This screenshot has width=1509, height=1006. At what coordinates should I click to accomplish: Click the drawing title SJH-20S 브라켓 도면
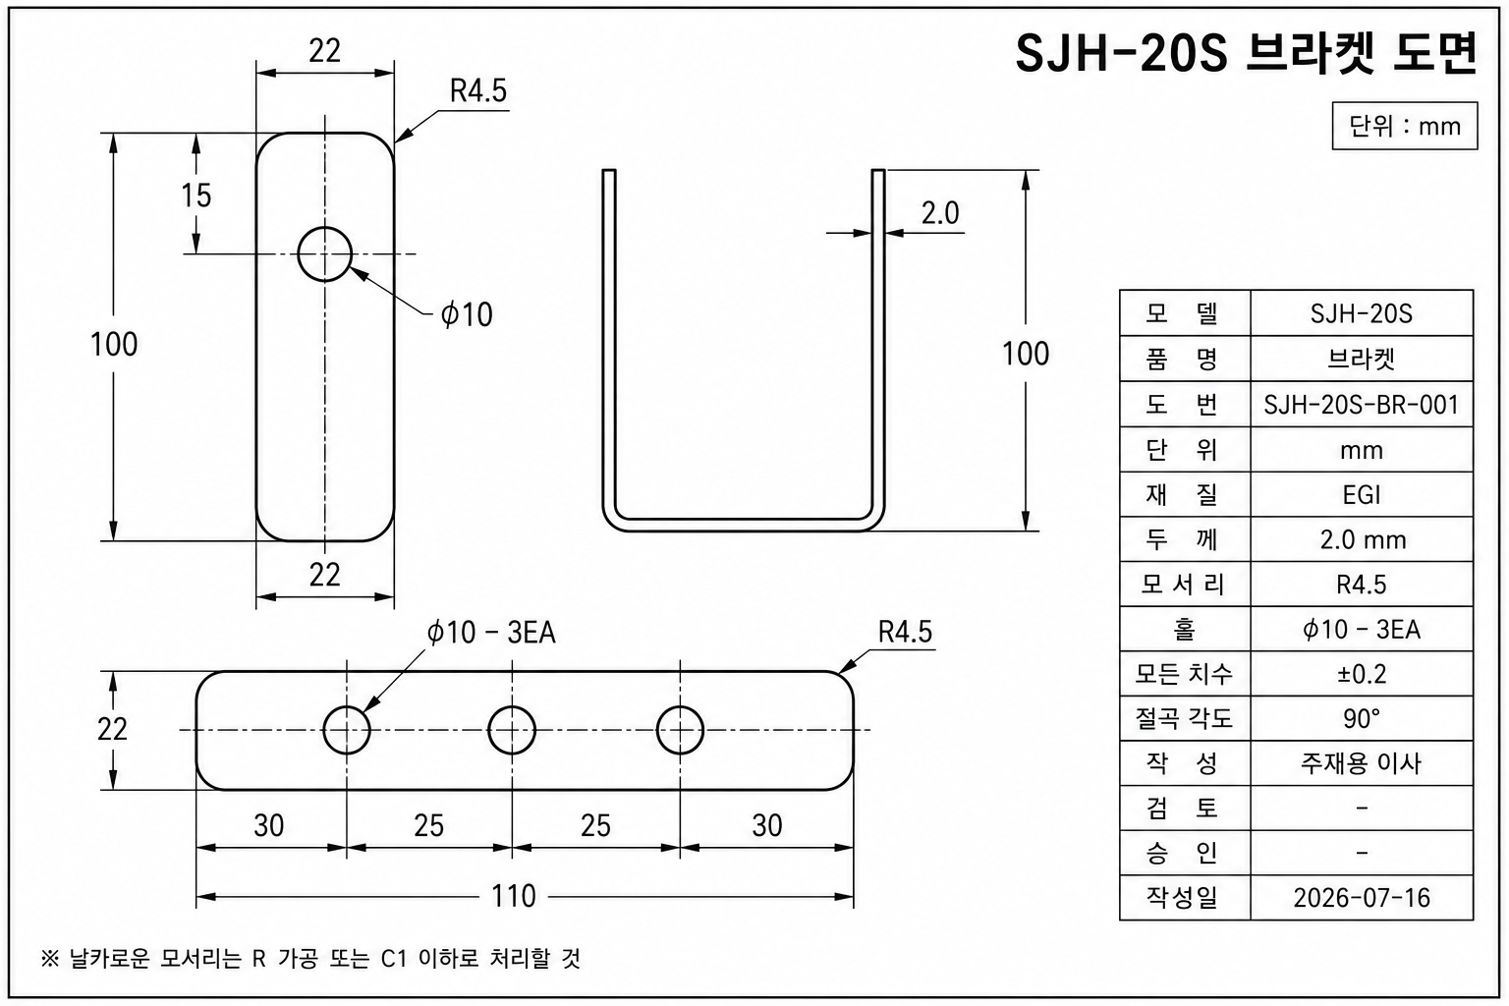point(1247,53)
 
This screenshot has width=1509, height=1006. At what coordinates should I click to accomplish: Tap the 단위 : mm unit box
point(1405,126)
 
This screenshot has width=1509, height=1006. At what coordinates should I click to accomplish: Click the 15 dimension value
point(196,196)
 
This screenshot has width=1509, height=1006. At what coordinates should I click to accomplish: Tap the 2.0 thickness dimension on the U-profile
point(940,213)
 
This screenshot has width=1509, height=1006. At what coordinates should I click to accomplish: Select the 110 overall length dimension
point(514,896)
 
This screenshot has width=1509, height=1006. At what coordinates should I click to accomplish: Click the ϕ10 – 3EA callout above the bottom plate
point(491,633)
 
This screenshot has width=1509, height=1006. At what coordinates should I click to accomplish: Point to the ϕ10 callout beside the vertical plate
point(467,314)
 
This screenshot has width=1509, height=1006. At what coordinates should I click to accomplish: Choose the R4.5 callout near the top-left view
point(478,91)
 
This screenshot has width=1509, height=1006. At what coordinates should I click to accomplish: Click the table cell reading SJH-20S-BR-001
point(1362,405)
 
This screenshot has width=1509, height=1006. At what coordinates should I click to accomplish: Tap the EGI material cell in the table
point(1362,495)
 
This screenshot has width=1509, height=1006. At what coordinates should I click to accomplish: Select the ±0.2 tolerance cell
point(1362,674)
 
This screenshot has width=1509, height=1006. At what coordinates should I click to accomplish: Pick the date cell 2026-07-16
point(1362,898)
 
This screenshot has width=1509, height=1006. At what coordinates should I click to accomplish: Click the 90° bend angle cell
point(1362,719)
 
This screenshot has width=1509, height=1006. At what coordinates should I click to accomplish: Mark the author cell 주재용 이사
point(1362,763)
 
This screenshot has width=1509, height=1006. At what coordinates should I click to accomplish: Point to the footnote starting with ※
point(310,958)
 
